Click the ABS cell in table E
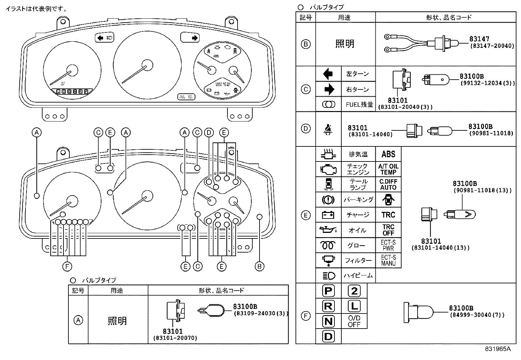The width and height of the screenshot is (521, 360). coord(388,154)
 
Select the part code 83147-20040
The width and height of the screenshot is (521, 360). coord(492,46)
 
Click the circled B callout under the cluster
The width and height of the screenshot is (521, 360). coord(259,267)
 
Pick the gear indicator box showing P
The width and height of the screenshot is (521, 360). coord(328,291)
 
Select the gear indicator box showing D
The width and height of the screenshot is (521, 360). coord(328,336)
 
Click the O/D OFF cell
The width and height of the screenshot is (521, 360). coord(354,321)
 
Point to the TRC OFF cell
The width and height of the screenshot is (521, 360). coord(388,230)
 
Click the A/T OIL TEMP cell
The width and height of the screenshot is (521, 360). coord(388,169)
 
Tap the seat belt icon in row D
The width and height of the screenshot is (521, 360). coord(328,129)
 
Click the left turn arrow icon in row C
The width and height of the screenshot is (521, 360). coord(328,74)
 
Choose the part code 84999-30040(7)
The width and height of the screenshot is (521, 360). coord(477,315)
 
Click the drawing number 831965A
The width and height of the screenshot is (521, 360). coord(497,349)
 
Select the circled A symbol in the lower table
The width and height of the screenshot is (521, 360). coord(78,320)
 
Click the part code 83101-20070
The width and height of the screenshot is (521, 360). coord(175,338)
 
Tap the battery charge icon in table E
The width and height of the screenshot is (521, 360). coord(328,215)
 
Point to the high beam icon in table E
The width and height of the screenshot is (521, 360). coord(328,275)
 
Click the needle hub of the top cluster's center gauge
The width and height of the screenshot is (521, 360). coord(148,65)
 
